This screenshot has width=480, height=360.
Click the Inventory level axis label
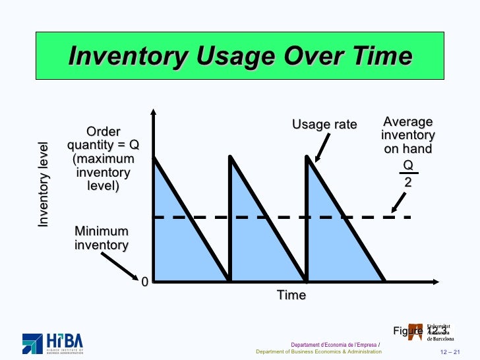click(x=44, y=184)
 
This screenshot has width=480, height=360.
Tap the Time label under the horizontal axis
click(x=291, y=295)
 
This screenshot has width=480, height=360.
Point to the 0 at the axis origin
click(x=144, y=282)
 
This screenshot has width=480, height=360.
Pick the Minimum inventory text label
click(x=101, y=238)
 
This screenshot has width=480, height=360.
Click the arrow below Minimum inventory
click(x=120, y=264)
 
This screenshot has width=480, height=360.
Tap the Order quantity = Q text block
click(x=103, y=159)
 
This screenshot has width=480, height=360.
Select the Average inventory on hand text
click(x=408, y=135)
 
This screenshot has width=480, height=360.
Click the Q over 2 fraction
click(x=408, y=173)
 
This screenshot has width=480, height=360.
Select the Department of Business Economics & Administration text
click(x=318, y=351)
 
